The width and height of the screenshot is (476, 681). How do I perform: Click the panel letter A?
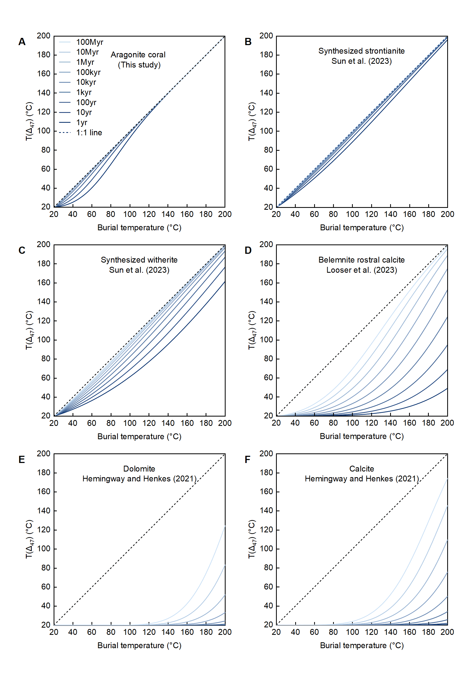pyautogui.click(x=22, y=42)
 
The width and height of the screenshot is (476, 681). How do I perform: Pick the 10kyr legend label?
pyautogui.click(x=86, y=82)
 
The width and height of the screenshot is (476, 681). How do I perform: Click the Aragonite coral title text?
pyautogui.click(x=138, y=55)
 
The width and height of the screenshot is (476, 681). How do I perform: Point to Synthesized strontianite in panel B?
pyautogui.click(x=361, y=51)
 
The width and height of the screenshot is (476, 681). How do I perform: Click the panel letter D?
pyautogui.click(x=248, y=251)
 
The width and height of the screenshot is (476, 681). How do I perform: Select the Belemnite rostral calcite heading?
pyautogui.click(x=361, y=260)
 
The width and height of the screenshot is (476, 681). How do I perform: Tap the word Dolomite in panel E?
pyautogui.click(x=139, y=469)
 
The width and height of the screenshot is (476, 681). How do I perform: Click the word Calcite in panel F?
pyautogui.click(x=361, y=469)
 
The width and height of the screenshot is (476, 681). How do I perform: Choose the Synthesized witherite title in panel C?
pyautogui.click(x=139, y=260)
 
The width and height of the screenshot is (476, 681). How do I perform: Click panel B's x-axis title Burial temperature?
pyautogui.click(x=362, y=228)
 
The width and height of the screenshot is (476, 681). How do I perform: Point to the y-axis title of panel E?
pyautogui.click(x=29, y=539)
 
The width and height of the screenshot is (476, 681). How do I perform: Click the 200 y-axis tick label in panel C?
pyautogui.click(x=43, y=245)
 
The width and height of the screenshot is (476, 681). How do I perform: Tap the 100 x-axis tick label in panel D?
pyautogui.click(x=352, y=423)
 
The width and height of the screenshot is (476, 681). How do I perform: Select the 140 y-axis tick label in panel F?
pyautogui.click(x=266, y=510)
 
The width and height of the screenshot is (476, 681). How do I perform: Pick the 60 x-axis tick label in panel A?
pyautogui.click(x=91, y=214)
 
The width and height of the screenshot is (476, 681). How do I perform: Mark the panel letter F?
pyautogui.click(x=247, y=460)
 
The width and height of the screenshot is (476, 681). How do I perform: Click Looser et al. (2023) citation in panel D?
pyautogui.click(x=361, y=270)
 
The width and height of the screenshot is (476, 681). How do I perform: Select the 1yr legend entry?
pyautogui.click(x=82, y=122)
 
